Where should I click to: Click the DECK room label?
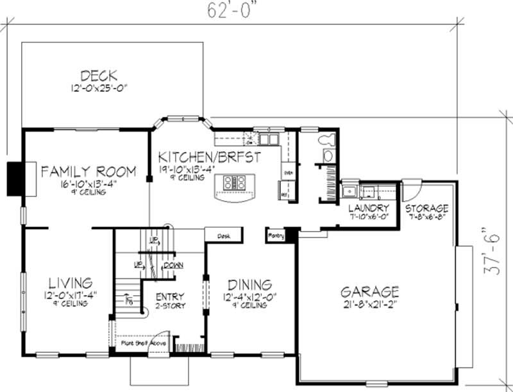point(99,76)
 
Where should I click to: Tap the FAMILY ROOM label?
point(88,171)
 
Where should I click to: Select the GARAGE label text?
point(369,292)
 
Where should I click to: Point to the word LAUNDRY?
point(369,209)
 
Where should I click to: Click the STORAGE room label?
point(428,209)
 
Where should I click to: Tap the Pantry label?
point(276,236)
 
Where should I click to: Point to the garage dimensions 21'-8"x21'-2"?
point(369,305)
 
